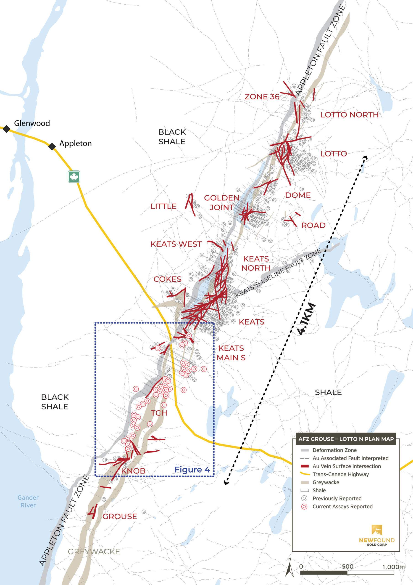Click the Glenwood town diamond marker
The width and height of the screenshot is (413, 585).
pos(6,129)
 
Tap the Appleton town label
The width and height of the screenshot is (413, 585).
pos(75,144)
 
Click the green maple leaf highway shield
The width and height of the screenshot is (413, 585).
pos(74,176)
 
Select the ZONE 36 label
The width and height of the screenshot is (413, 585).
pos(262,97)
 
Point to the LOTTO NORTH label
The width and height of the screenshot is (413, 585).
pos(349,115)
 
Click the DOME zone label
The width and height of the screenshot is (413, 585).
pos(298,195)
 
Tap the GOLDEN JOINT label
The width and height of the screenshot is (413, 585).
pos(221,202)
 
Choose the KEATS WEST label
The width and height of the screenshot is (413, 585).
pos(176,244)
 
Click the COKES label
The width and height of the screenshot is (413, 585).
pos(167,279)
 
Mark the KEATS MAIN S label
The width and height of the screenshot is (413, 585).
pos(231,353)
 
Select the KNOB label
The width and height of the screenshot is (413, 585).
pos(133,471)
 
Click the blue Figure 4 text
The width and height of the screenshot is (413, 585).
pos(192,470)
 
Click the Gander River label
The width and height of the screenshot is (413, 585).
pos(28,501)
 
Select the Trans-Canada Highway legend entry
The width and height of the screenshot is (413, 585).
pos(340,474)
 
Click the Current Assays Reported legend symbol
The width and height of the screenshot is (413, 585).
pos(304,507)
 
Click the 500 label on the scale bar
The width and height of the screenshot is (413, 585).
pos(347,557)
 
